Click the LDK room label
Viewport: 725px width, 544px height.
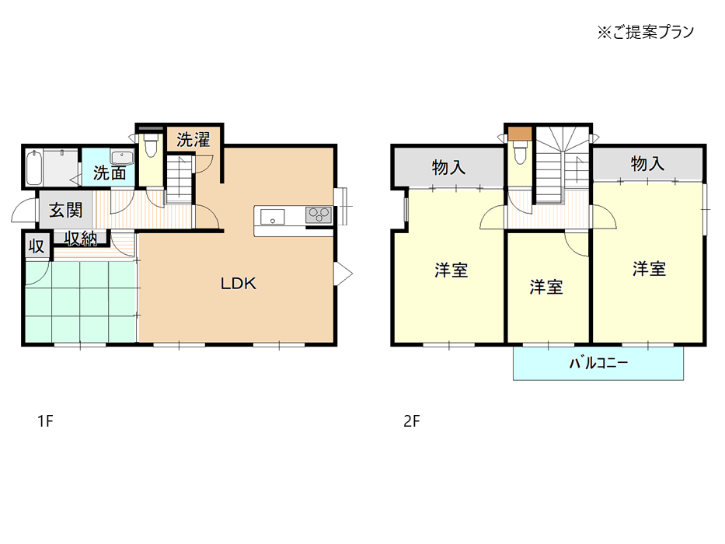click(238, 283)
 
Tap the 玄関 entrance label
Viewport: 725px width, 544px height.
click(66, 211)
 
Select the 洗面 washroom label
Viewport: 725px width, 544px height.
click(110, 173)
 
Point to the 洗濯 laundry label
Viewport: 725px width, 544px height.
click(193, 139)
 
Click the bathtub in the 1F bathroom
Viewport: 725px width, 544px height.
click(34, 167)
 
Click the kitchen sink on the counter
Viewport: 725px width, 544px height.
click(272, 217)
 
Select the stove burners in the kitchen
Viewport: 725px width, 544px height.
click(319, 215)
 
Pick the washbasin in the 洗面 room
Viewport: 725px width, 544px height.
click(122, 157)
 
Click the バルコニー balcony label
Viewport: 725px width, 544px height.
click(598, 363)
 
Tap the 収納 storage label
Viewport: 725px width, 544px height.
click(81, 239)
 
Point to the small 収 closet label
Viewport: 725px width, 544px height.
click(37, 246)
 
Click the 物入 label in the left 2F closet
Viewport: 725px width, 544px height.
click(448, 167)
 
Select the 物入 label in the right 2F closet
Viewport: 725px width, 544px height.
click(647, 163)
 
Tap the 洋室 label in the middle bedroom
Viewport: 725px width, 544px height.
click(546, 288)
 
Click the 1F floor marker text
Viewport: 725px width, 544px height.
click(45, 421)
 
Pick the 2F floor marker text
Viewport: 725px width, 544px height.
click(412, 421)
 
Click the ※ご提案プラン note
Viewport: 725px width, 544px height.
click(646, 32)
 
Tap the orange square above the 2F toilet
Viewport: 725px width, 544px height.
click(520, 133)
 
